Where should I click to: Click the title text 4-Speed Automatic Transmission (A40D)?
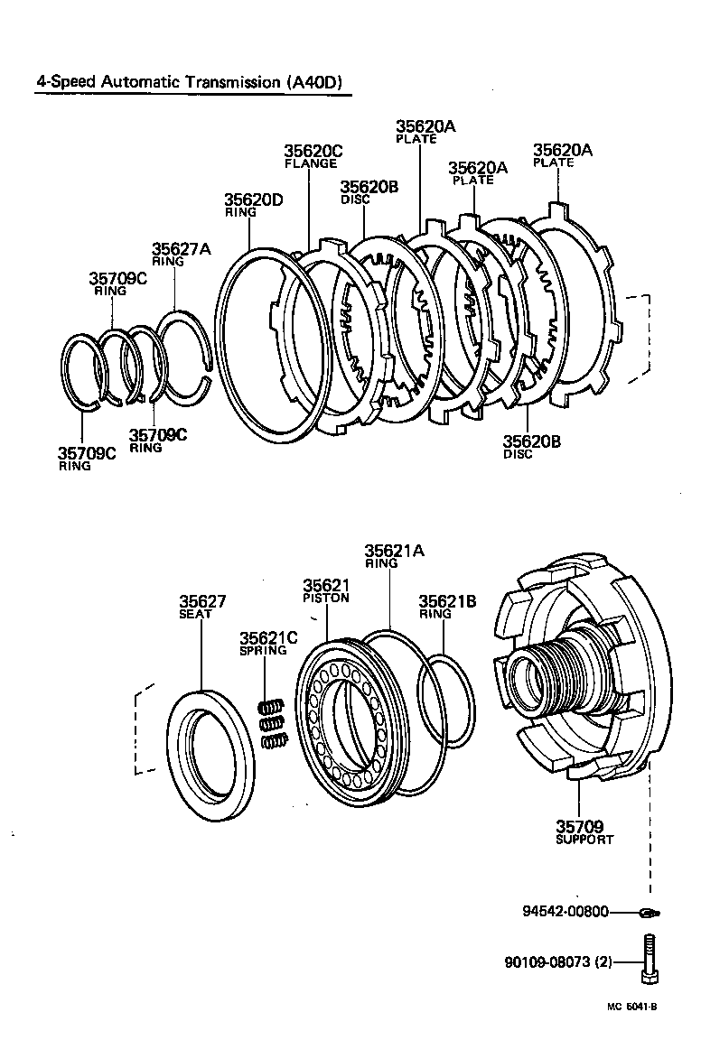coord(191,82)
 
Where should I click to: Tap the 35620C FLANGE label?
coord(313,156)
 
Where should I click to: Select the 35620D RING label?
coord(253,205)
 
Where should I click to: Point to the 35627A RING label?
coord(181,254)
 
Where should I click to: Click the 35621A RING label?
coord(394,555)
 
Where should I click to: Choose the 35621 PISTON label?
coord(326,590)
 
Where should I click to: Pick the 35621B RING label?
coord(447,606)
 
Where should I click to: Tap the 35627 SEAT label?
coord(201,607)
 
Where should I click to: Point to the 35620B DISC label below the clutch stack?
coord(531,446)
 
